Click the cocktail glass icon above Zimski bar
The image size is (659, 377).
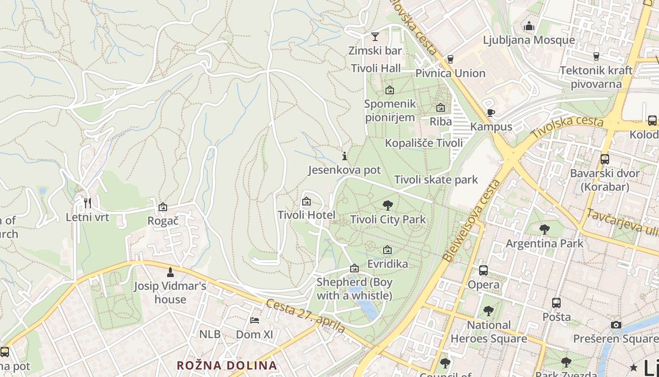click(x=375, y=36)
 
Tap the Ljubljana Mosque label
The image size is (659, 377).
click(x=529, y=40)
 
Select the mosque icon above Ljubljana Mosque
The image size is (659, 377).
click(x=529, y=26)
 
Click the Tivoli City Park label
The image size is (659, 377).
click(x=388, y=219)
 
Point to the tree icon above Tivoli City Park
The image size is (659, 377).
click(x=388, y=205)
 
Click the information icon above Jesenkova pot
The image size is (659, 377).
click(x=345, y=156)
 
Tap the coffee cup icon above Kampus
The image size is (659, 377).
click(x=491, y=113)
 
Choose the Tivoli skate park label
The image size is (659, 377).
click(x=436, y=180)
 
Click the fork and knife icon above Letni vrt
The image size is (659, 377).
click(x=87, y=203)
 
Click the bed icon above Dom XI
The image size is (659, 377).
click(x=255, y=320)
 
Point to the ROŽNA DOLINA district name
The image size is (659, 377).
click(x=226, y=365)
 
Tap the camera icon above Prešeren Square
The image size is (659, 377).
click(x=616, y=325)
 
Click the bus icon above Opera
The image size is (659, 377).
click(x=483, y=270)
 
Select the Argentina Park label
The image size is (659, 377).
click(x=544, y=244)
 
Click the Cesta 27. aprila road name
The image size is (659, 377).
click(x=305, y=316)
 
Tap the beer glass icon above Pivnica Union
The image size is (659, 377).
click(x=450, y=59)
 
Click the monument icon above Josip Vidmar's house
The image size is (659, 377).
click(x=170, y=272)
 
